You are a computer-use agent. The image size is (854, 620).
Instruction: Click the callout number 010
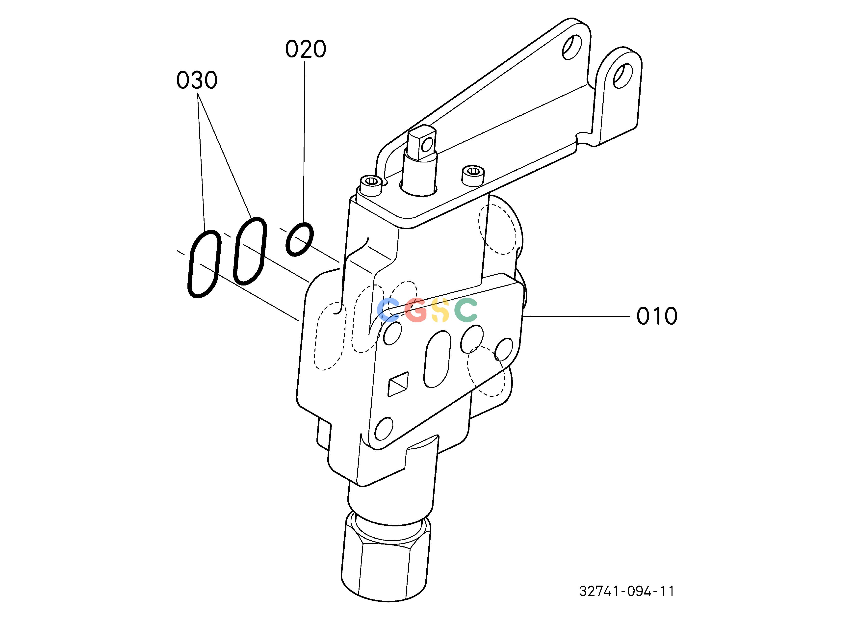657,316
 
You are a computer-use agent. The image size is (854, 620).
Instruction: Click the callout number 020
305,49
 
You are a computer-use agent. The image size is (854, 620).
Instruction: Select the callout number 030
197,80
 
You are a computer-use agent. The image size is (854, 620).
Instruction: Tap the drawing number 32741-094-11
626,591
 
